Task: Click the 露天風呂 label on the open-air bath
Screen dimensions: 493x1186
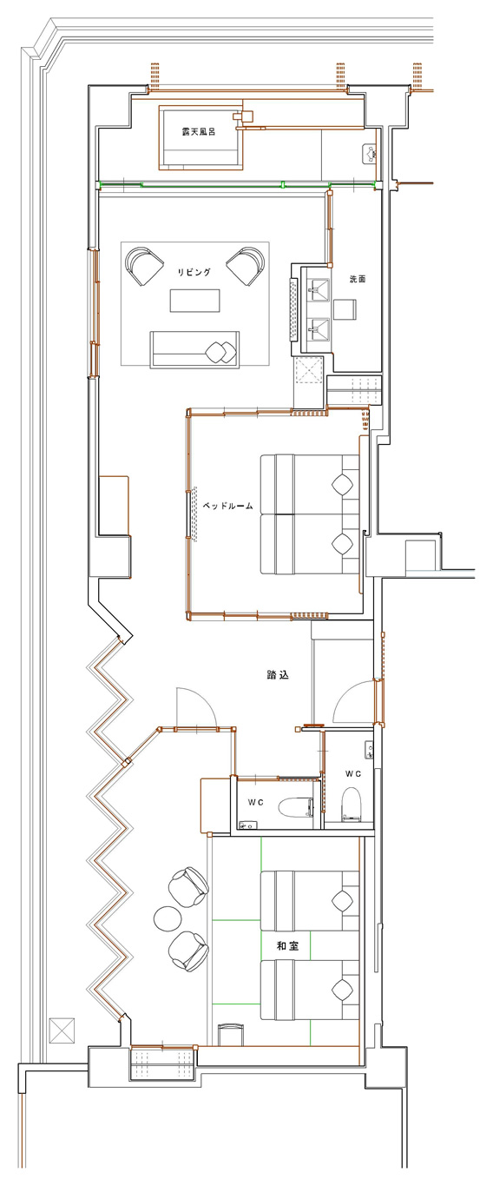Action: pyautogui.click(x=199, y=132)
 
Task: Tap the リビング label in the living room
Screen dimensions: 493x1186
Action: pyautogui.click(x=194, y=272)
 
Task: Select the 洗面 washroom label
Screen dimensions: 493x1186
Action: pyautogui.click(x=358, y=279)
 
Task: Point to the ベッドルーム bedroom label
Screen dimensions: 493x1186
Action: pyautogui.click(x=228, y=506)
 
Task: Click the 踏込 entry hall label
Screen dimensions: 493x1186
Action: pyautogui.click(x=277, y=675)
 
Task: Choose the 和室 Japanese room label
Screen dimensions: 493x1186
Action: pyautogui.click(x=288, y=945)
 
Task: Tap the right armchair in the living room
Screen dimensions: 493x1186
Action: pyautogui.click(x=246, y=266)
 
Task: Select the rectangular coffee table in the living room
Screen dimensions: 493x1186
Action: pyautogui.click(x=194, y=301)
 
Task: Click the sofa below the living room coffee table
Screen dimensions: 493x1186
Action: pyautogui.click(x=194, y=349)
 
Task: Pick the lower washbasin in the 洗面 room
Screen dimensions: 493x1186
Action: pyautogui.click(x=319, y=329)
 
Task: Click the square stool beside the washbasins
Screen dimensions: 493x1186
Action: pyautogui.click(x=345, y=310)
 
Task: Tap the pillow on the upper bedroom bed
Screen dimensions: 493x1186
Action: pyautogui.click(x=342, y=484)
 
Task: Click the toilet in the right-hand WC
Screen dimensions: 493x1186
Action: pyautogui.click(x=352, y=802)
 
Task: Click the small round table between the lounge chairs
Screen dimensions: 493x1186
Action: pyautogui.click(x=168, y=918)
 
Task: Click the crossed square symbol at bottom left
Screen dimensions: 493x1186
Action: pyautogui.click(x=62, y=1030)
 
